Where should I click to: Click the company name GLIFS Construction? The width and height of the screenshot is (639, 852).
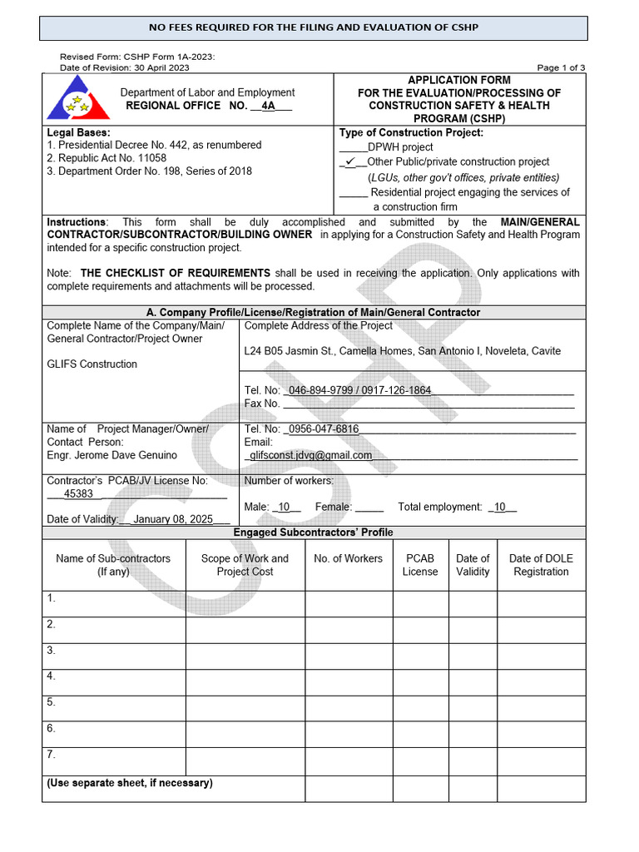point(92,364)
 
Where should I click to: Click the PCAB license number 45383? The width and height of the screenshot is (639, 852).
point(78,493)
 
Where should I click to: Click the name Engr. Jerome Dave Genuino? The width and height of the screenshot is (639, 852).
point(112,455)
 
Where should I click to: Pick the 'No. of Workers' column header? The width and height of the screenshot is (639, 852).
point(348,558)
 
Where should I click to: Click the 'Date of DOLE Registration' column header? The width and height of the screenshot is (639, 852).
point(541,565)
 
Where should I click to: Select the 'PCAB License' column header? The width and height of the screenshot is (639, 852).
point(420,565)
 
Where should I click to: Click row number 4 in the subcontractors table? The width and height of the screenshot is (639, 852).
point(52,676)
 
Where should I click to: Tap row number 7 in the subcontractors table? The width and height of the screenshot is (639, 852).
point(52,755)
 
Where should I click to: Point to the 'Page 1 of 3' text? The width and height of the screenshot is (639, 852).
point(561,67)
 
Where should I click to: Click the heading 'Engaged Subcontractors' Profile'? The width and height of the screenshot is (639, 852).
point(314,532)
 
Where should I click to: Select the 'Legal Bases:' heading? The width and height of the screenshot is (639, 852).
point(79,132)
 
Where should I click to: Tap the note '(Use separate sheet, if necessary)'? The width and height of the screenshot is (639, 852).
point(130,783)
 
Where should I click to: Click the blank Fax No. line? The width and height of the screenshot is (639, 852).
point(428,404)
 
